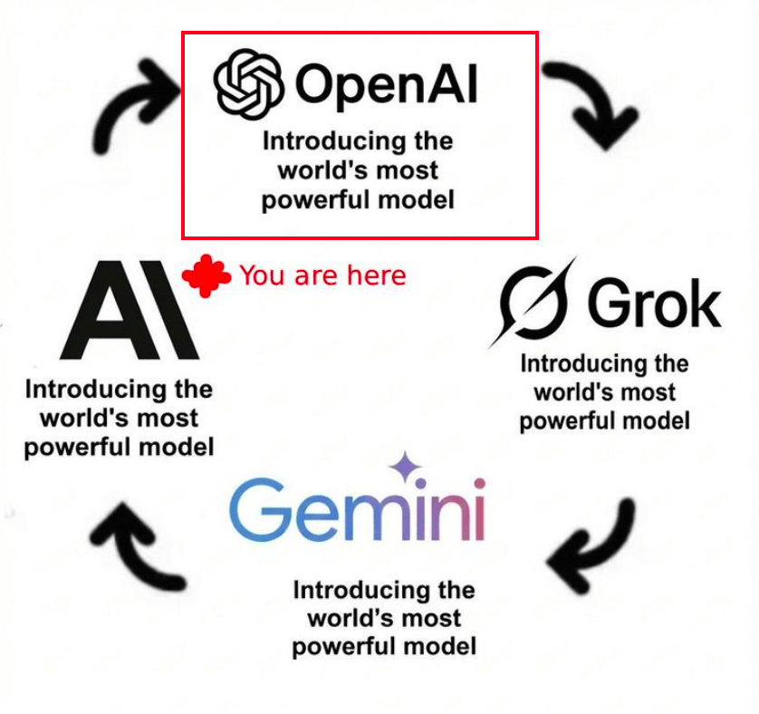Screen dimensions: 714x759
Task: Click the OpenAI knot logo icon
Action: point(247,84)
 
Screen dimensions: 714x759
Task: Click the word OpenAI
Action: point(385,85)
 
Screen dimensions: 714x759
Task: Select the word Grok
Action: point(654,304)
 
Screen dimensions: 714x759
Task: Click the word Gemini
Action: point(357,508)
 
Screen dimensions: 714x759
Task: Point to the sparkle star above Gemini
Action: point(405,468)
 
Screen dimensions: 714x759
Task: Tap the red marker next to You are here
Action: point(207,275)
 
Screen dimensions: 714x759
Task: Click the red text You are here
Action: point(322,275)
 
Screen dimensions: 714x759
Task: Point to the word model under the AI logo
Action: point(176,447)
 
